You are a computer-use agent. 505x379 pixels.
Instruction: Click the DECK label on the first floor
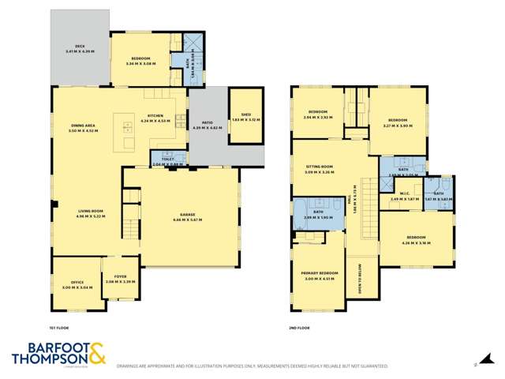(79, 47)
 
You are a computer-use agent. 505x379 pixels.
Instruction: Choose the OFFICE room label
(77, 282)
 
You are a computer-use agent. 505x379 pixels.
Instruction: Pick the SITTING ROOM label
(320, 167)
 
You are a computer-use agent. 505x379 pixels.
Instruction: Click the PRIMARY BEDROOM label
(320, 273)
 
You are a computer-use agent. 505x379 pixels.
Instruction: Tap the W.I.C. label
(404, 195)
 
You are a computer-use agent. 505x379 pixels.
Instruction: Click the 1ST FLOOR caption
(60, 328)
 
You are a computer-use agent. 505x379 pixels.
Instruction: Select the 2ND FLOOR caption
(300, 328)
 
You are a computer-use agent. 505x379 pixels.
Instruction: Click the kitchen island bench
(127, 132)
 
